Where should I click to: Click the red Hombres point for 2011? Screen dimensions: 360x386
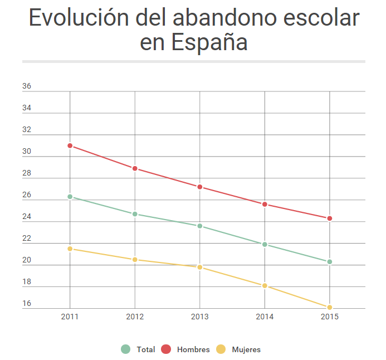(70, 145)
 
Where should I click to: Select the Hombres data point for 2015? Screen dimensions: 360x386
(330, 218)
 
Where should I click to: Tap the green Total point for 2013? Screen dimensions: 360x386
(200, 226)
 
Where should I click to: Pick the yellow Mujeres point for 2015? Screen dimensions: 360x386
(330, 307)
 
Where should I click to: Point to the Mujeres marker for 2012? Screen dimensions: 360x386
(135, 260)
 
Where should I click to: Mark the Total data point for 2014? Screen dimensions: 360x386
(265, 244)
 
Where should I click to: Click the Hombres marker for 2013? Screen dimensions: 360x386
(200, 187)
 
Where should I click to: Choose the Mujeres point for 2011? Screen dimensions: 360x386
(70, 249)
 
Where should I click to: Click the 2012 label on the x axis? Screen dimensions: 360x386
(135, 317)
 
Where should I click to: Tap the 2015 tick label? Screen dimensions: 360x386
(330, 317)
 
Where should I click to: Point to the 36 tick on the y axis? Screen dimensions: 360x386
(27, 86)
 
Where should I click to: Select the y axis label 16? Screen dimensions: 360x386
(27, 304)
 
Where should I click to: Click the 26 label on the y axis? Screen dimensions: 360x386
(27, 195)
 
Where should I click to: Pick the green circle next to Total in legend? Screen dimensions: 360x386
(125, 349)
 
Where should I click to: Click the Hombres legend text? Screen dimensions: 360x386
(193, 350)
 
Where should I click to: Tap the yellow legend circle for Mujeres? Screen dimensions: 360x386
(221, 349)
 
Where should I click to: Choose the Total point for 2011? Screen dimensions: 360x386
(70, 197)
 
